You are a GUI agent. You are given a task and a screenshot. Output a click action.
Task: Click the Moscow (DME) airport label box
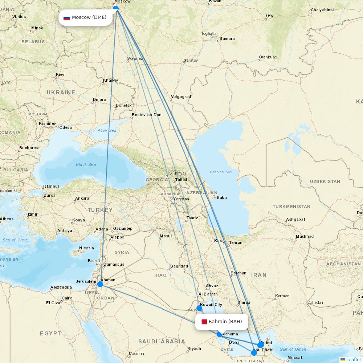(86, 17)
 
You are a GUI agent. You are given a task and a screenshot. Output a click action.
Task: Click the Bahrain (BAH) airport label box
(221, 322)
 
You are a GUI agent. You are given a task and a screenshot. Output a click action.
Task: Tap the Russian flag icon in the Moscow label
(67, 18)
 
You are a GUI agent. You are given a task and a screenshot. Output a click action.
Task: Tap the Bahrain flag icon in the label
(204, 322)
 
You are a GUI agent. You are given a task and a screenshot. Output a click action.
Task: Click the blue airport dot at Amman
(100, 284)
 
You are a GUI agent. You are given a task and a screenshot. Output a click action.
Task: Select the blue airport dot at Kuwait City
(199, 308)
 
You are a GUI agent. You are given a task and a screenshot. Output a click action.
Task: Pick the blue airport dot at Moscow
(116, 8)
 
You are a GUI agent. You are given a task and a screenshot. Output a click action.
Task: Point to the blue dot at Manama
(219, 334)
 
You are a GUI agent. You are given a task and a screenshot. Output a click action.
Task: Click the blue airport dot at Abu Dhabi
(254, 352)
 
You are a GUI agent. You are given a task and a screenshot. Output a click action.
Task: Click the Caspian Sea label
(221, 172)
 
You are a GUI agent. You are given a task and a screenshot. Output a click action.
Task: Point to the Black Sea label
(86, 164)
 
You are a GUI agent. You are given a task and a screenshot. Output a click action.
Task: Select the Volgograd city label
(181, 97)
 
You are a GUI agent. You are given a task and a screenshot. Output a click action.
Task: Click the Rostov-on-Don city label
(147, 115)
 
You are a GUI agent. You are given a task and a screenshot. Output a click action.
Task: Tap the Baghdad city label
(179, 266)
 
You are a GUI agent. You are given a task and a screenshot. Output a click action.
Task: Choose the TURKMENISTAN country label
(291, 207)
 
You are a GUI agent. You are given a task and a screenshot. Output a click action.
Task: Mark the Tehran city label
(236, 242)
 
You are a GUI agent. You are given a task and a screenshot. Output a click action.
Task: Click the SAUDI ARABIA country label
(162, 341)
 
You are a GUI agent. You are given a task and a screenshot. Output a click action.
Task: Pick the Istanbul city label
(51, 186)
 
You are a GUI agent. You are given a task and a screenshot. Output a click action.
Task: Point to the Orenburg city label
(268, 57)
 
